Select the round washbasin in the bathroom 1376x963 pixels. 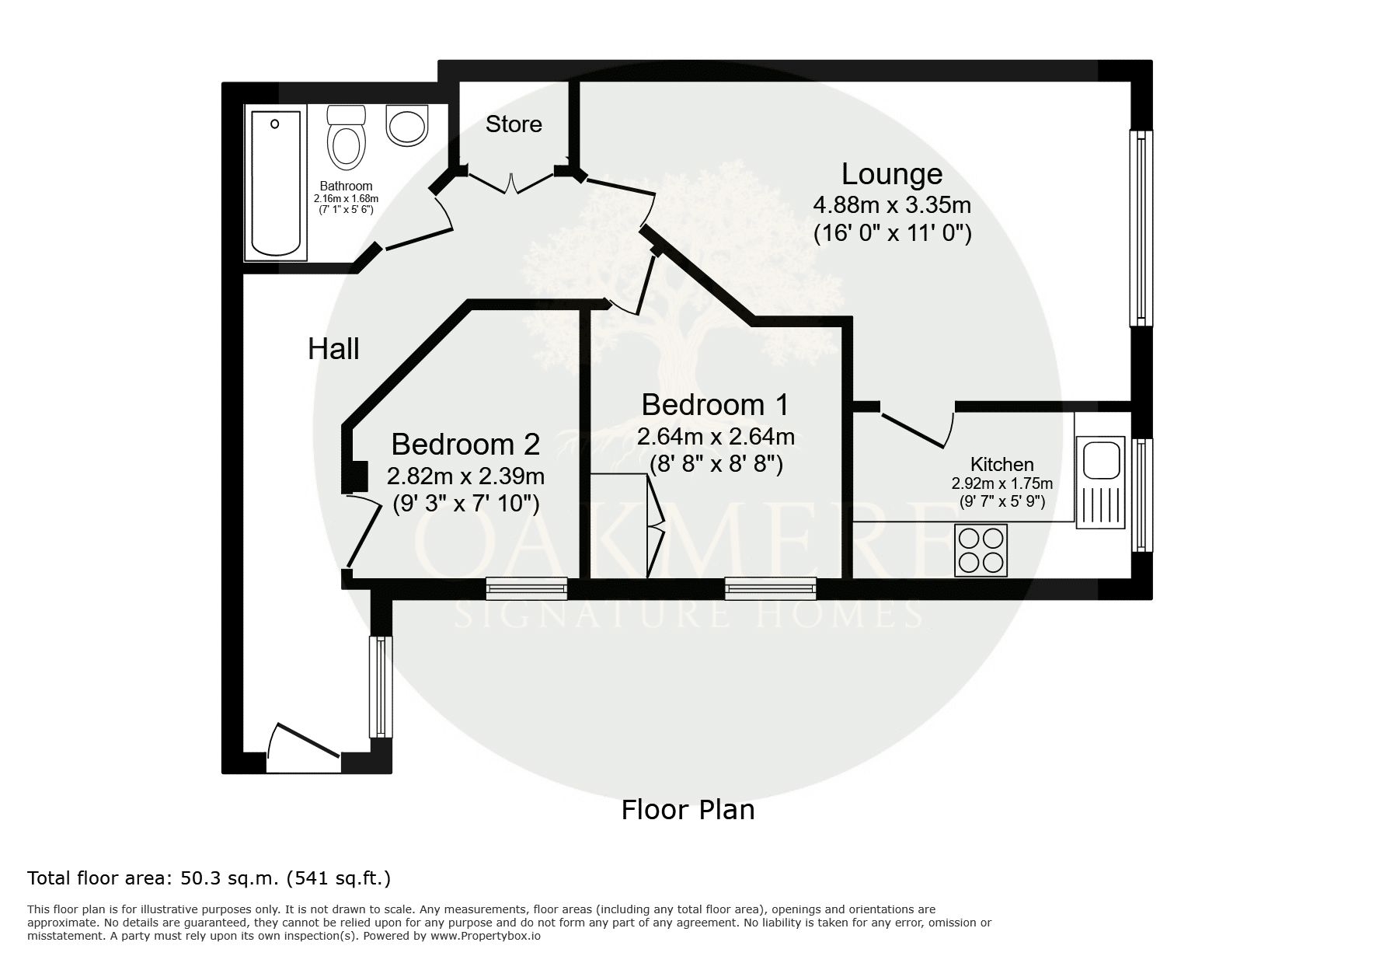click(x=407, y=127)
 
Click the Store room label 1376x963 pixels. click(x=514, y=124)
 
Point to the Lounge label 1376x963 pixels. click(x=892, y=174)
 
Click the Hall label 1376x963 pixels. click(x=333, y=349)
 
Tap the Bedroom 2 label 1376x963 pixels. click(x=465, y=444)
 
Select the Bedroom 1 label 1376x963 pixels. click(x=715, y=405)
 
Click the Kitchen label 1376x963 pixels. click(x=1002, y=465)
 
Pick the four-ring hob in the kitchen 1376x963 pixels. click(x=981, y=550)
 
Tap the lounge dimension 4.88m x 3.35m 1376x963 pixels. click(x=892, y=205)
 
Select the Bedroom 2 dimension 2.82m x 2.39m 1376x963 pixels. click(x=465, y=476)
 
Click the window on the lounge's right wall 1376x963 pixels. click(x=1141, y=228)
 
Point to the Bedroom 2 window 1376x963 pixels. click(x=527, y=588)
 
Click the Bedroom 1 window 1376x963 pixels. click(x=771, y=588)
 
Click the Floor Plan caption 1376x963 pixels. click(x=688, y=810)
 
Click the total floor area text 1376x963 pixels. click(x=209, y=878)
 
